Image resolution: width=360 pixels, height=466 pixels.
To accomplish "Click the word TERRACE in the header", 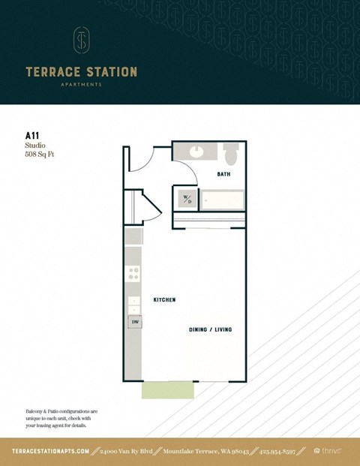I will coord(52,72).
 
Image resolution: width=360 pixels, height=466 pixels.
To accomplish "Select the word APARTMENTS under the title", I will coord(81,85).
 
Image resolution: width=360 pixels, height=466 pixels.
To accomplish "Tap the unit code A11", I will coord(32,137).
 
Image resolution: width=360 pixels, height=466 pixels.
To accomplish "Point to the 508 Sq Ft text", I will coord(40,155).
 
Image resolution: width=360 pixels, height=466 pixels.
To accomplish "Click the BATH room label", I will coord(223,174).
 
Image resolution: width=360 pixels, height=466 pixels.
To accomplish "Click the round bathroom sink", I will coord(196,151).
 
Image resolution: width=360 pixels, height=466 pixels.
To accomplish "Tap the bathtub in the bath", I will coord(222,200).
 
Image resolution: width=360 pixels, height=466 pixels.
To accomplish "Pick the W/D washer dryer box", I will coord(186,200).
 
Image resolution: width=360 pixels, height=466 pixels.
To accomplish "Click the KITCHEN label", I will coord(164,299).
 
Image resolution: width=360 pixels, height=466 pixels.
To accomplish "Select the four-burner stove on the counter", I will coord(133,275).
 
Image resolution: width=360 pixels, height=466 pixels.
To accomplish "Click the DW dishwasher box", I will coord(135,322).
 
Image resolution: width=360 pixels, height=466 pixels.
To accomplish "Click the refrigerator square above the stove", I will coord(133,237).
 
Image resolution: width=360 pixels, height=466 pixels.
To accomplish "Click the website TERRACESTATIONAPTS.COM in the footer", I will coord(51,451).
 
